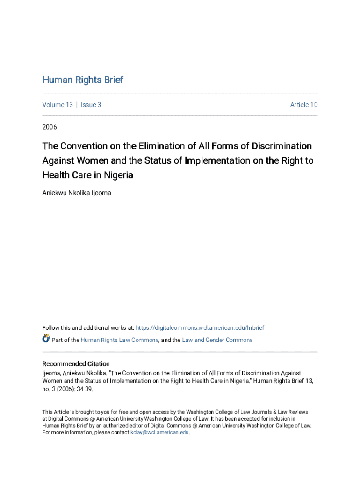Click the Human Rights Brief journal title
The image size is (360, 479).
(x=83, y=80)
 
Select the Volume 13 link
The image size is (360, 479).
(x=58, y=105)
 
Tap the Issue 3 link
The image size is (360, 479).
(x=91, y=105)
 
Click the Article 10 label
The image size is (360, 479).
(x=303, y=105)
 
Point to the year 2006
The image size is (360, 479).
(x=50, y=127)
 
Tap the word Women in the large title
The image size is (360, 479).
(x=93, y=161)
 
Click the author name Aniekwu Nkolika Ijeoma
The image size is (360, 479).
(x=77, y=193)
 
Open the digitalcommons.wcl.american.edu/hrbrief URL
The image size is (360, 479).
(x=200, y=328)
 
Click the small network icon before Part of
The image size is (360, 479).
(x=46, y=338)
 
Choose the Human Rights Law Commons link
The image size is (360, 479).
(x=119, y=340)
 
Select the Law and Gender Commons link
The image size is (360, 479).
(x=217, y=340)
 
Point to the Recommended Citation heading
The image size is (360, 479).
(x=76, y=364)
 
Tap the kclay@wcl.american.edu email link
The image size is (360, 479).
(x=159, y=433)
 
